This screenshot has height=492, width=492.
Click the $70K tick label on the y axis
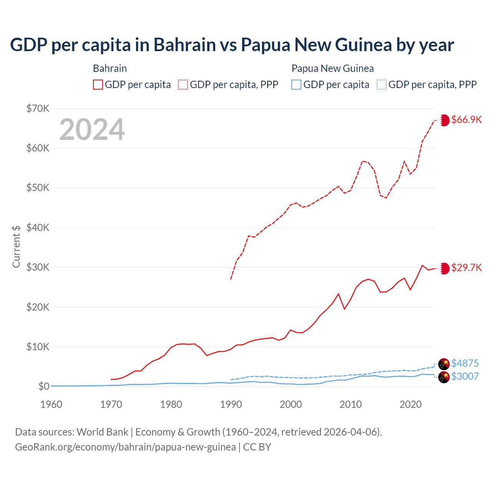pos(38,108)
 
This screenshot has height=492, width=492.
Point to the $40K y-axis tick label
pos(38,228)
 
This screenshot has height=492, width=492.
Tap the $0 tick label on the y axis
pos(44,386)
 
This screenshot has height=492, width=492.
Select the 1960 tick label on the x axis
pos(51,404)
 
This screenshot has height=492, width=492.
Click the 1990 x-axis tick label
pos(231,404)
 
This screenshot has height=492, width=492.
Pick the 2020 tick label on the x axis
pos(411,404)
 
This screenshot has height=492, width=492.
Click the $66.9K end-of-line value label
pos(466,120)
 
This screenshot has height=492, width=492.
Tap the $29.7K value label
pos(466,268)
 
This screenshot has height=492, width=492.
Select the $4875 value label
pos(465,363)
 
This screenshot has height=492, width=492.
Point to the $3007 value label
pos(465,376)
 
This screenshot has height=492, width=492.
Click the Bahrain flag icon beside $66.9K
pos(444,120)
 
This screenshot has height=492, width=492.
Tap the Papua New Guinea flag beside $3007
pos(444,377)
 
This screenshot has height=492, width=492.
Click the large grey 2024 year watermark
pos(92,130)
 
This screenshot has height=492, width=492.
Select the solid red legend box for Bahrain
pos(98,85)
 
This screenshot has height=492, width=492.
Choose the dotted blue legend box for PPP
pos(382,85)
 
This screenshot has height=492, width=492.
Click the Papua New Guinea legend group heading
pos(332,68)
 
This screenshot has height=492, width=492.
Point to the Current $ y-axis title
pos(16,246)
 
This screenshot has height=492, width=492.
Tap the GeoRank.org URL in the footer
pos(125,447)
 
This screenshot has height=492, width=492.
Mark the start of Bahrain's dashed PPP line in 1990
pos(231,279)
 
